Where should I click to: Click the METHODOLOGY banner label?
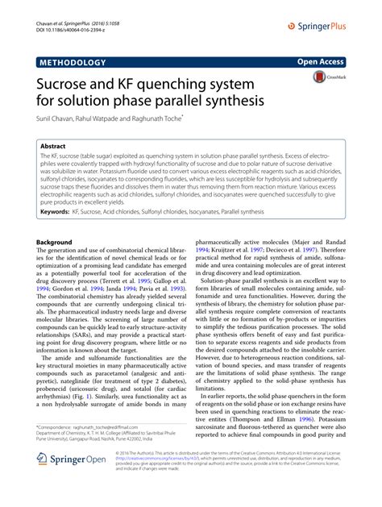[72, 62]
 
